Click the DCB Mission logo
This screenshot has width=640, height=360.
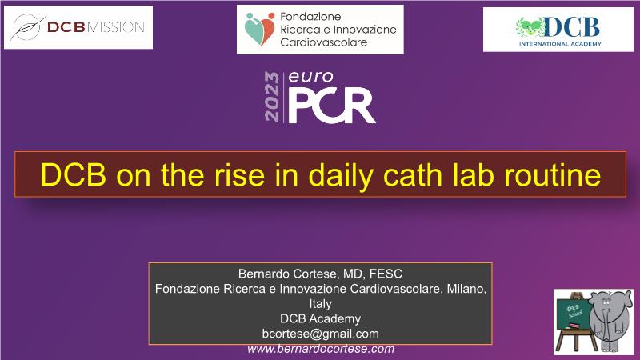click(78, 27)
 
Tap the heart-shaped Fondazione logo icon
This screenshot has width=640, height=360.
click(260, 29)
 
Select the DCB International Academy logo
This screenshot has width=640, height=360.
click(558, 30)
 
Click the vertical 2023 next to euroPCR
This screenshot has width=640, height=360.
click(272, 97)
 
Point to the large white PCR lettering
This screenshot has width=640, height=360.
click(332, 106)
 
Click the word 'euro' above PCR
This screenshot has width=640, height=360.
click(310, 77)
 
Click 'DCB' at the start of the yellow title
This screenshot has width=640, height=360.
click(74, 174)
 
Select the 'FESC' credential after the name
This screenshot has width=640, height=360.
click(386, 274)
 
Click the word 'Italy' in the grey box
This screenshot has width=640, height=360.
click(321, 304)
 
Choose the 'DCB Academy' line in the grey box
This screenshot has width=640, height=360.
click(321, 318)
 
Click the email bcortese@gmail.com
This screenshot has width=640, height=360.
click(321, 334)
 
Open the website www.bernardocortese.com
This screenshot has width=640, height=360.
click(321, 349)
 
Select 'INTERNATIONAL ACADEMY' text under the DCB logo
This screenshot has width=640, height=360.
click(560, 44)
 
